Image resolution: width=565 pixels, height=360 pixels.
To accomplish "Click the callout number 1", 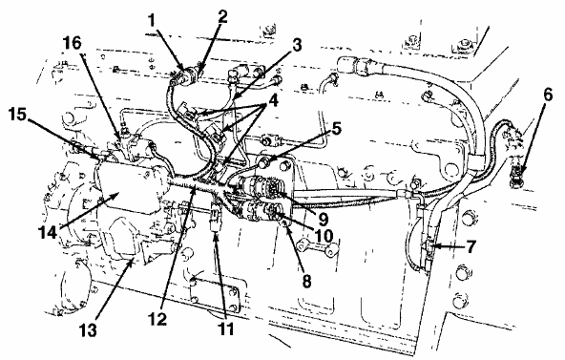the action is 152,21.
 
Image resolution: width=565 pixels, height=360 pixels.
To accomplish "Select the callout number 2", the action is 222,17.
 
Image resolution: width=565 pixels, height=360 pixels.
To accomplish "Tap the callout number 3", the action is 296,46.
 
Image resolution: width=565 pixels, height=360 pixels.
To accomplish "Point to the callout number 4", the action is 273,101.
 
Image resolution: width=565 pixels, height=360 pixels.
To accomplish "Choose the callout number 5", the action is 336,128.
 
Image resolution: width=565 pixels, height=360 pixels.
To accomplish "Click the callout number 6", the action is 548,95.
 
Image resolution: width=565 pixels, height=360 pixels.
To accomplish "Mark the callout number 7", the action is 471,246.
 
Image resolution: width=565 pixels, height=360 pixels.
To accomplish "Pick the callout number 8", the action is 306,281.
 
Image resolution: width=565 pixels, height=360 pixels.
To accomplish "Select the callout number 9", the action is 322,218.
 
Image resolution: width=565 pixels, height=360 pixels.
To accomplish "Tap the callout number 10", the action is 323,236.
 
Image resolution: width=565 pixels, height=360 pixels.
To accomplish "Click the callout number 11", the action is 225,328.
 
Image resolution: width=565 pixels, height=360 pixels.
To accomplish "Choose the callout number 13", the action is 87,329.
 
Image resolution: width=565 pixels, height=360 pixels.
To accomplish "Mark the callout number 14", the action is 48,232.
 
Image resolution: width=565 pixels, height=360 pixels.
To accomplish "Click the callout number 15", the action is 17,115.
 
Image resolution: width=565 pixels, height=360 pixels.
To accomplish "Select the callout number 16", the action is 72,43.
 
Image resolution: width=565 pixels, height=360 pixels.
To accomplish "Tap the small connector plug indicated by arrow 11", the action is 215,219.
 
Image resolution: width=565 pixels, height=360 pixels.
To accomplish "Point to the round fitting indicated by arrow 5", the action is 265,164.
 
